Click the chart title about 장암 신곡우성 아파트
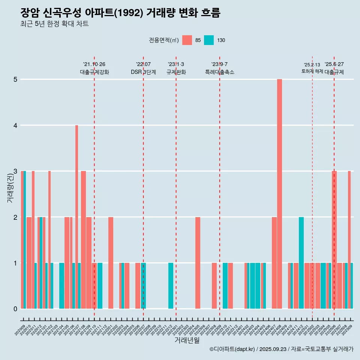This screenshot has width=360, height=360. pyautogui.click(x=120, y=13)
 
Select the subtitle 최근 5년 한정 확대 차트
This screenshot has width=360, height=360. pyautogui.click(x=54, y=24)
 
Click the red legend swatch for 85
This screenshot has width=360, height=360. pyautogui.click(x=187, y=40)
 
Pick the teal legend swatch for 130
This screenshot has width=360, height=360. pyautogui.click(x=209, y=40)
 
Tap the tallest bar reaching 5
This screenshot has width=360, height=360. pyautogui.click(x=279, y=193)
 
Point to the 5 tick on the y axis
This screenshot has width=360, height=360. pyautogui.click(x=15, y=79)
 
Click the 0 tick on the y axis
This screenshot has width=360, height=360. pyautogui.click(x=15, y=309)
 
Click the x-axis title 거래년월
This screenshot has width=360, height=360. pyautogui.click(x=187, y=340)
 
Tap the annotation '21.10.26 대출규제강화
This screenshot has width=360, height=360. pyautogui.click(x=94, y=68)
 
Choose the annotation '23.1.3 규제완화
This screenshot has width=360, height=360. pyautogui.click(x=176, y=68)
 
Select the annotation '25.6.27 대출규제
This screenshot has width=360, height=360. pyautogui.click(x=334, y=68)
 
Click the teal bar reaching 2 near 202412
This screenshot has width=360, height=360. pyautogui.click(x=301, y=262)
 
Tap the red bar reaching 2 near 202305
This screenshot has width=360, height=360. pyautogui.click(x=198, y=262)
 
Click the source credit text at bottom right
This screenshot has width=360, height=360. pyautogui.click(x=281, y=349)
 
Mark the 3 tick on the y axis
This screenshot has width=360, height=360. pyautogui.click(x=15, y=171)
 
